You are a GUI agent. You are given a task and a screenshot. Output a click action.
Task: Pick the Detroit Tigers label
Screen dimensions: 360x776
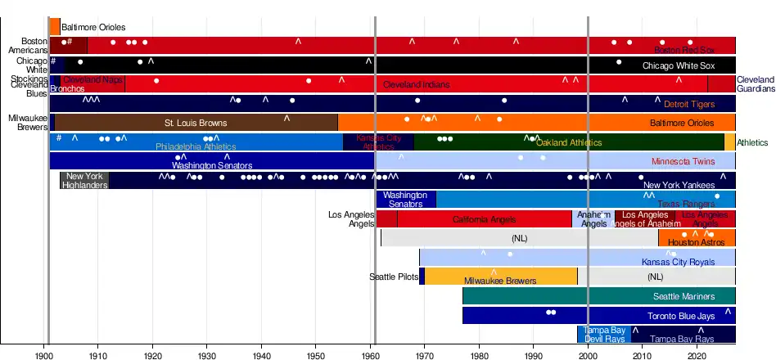tap(689, 105)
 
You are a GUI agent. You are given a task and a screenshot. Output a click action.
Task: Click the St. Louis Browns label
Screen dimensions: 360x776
tap(196, 124)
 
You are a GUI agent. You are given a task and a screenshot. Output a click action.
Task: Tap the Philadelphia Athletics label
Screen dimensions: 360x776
tap(196, 147)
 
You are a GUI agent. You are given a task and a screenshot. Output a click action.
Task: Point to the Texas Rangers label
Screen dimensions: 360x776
tap(686, 204)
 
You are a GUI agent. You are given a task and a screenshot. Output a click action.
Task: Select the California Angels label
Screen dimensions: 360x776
tap(484, 220)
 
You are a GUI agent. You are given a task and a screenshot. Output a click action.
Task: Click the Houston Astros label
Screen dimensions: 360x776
tap(691, 243)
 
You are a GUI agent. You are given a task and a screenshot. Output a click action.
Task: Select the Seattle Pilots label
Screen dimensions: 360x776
tap(394, 277)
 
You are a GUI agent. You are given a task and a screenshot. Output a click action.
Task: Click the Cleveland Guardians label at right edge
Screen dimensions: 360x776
tap(755, 84)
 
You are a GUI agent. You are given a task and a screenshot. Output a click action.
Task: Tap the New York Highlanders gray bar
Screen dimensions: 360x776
tap(84, 181)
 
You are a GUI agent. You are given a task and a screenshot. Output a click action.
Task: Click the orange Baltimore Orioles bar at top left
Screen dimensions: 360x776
tap(55, 27)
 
